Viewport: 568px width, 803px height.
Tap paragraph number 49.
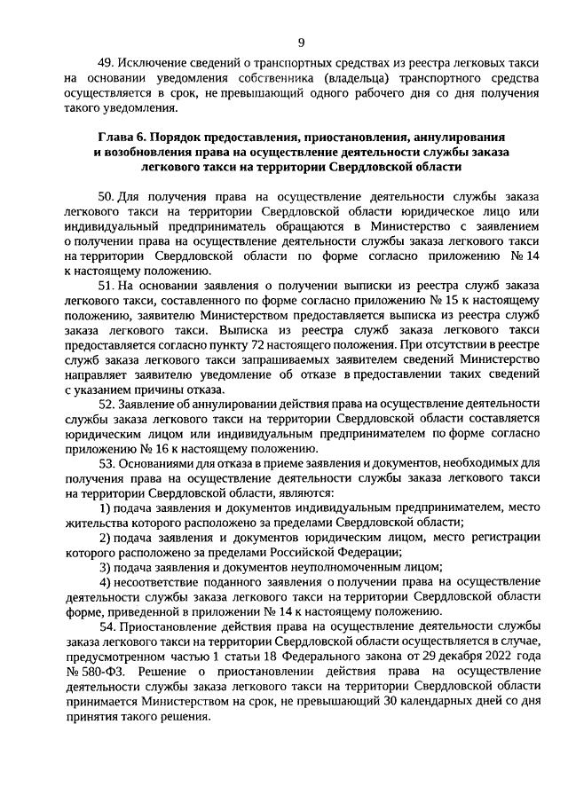click(x=105, y=63)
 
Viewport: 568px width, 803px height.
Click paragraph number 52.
click(x=106, y=404)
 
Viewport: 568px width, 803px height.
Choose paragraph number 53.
click(x=106, y=463)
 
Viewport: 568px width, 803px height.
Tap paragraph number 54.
click(x=106, y=628)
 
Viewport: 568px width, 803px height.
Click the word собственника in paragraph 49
click(x=264, y=78)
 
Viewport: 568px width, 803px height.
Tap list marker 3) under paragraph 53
click(x=104, y=568)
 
